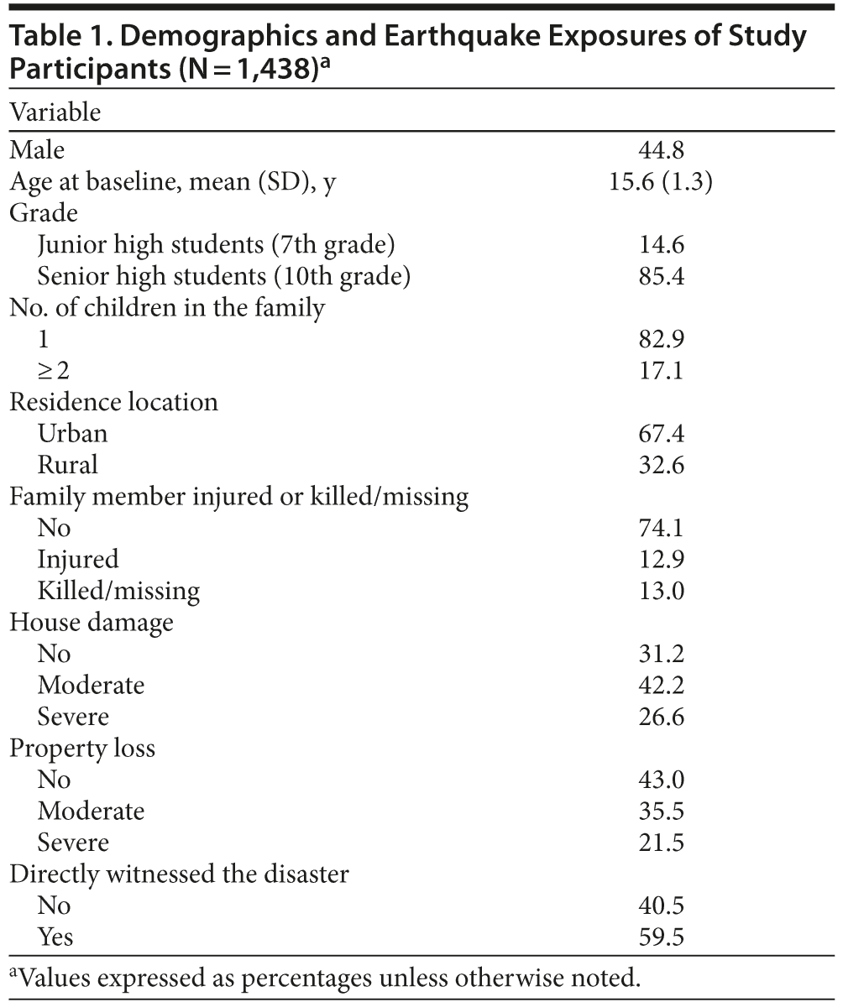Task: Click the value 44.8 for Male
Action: pos(661,150)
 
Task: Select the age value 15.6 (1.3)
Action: pos(661,181)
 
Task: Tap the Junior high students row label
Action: pos(216,245)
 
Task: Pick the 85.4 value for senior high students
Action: pos(661,276)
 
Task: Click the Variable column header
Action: pos(55,112)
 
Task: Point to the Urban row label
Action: pos(72,434)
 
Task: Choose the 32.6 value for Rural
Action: pos(661,465)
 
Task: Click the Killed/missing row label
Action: pos(118,592)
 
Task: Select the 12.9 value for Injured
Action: pos(661,560)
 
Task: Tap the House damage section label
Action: pos(92,623)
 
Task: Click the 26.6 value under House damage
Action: pos(661,718)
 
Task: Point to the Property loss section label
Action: pos(82,749)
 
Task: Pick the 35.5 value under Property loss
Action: pos(661,812)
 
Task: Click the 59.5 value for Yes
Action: pos(661,937)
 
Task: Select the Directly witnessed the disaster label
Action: pos(179,874)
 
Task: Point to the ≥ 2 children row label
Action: pos(54,371)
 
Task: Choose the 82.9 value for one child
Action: pos(661,339)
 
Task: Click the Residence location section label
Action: pos(113,402)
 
